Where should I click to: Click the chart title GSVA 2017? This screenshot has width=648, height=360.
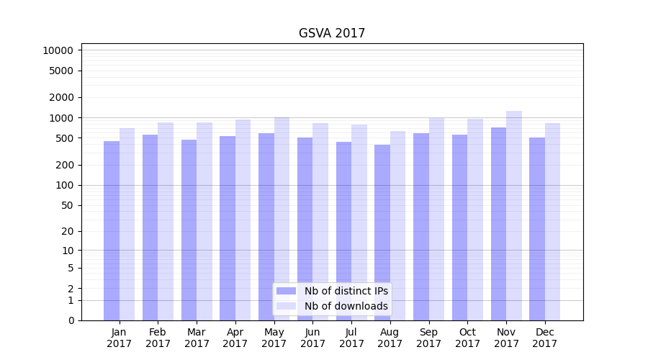tap(332, 34)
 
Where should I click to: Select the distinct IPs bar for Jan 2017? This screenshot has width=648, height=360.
tap(112, 230)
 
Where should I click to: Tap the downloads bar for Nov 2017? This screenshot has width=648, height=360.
tap(514, 216)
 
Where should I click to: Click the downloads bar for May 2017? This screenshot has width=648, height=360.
tap(282, 219)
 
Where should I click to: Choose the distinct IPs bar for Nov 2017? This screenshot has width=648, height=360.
tap(498, 224)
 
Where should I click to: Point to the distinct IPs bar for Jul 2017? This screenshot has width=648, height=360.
tap(343, 231)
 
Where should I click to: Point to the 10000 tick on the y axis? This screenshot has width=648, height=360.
tap(58, 50)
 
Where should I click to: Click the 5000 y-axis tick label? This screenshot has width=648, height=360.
tap(60, 71)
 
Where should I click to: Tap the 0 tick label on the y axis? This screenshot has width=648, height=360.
tap(71, 320)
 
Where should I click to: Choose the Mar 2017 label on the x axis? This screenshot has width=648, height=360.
tap(197, 338)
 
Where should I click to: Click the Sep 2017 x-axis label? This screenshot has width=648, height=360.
tap(428, 338)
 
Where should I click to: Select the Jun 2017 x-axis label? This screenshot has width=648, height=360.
tap(312, 338)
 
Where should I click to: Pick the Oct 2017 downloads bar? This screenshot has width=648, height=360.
tap(475, 220)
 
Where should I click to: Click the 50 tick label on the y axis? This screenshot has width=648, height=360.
tap(66, 205)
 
